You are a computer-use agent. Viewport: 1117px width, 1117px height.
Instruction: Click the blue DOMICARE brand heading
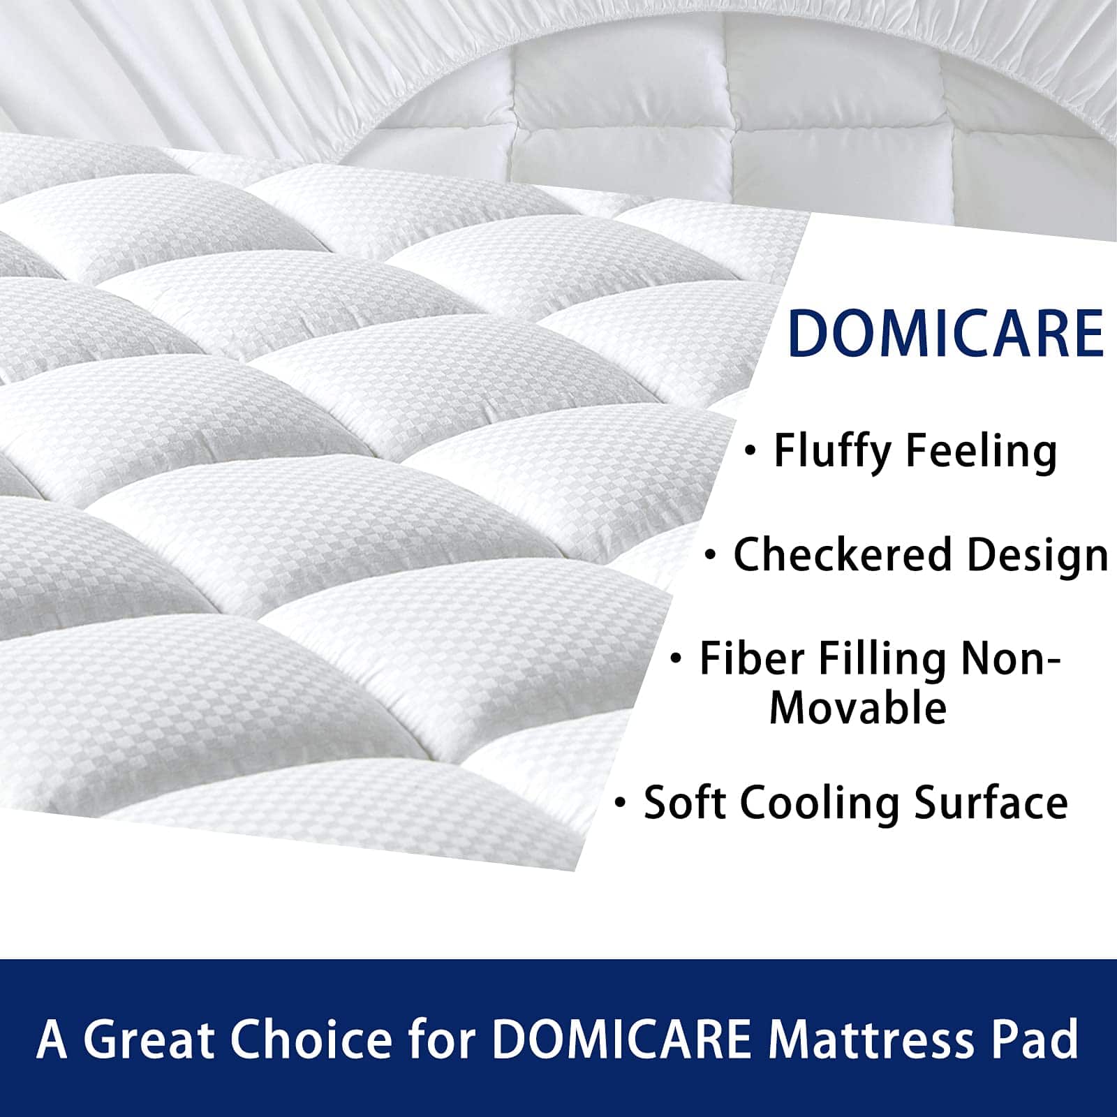click(x=945, y=334)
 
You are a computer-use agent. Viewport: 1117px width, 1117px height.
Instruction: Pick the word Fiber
click(x=752, y=658)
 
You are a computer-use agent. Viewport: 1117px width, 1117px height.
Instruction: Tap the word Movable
click(x=858, y=708)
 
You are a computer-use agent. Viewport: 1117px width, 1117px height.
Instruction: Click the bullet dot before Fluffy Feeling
click(x=750, y=451)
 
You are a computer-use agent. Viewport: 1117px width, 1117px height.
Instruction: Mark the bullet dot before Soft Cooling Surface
click(x=619, y=804)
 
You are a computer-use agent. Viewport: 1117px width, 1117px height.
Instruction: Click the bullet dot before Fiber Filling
click(x=675, y=658)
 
